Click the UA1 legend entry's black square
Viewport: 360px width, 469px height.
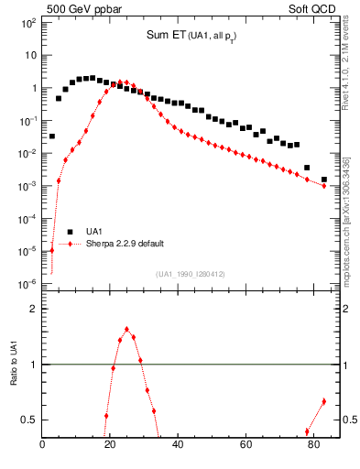[x=69, y=232]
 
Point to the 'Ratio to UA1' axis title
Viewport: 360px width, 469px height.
[x=16, y=371]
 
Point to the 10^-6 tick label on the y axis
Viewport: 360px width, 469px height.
[x=27, y=284]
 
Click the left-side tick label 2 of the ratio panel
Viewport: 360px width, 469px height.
[x=34, y=309]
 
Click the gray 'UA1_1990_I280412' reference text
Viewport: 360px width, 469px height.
[x=191, y=274]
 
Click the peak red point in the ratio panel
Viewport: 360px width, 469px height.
[x=126, y=329]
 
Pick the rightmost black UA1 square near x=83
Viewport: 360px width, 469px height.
[x=323, y=180]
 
